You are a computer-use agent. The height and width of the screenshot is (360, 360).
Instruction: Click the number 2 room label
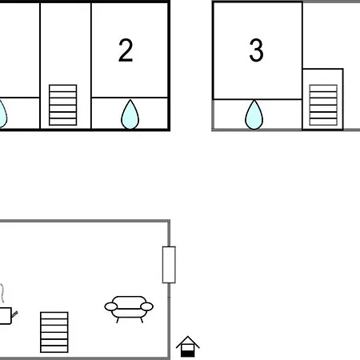(126, 50)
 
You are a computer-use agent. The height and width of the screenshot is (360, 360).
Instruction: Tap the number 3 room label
(256, 50)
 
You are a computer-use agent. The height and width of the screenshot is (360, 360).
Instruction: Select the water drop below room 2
(130, 114)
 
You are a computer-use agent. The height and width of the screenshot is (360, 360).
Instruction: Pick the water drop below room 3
(254, 115)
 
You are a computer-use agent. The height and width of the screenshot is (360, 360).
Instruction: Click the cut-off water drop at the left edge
(2, 114)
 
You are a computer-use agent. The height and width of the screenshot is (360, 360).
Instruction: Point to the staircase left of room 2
(63, 105)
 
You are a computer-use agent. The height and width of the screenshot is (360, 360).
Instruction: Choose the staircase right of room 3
(323, 105)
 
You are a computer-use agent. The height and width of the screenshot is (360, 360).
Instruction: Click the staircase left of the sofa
(54, 332)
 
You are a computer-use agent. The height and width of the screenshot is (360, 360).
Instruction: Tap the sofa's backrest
(129, 301)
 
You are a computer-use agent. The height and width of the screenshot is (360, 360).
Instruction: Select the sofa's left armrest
(111, 306)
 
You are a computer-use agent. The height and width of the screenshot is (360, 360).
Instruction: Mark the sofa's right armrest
(147, 306)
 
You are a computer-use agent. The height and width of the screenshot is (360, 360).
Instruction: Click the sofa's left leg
(118, 320)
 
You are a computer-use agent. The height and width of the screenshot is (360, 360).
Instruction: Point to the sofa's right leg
(142, 320)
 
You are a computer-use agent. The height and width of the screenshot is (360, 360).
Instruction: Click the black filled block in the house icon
(188, 354)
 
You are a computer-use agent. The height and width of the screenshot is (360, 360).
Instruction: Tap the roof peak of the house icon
(188, 337)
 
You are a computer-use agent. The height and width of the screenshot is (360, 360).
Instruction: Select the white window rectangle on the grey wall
(169, 265)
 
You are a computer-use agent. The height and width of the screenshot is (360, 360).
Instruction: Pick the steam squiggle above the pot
(2, 293)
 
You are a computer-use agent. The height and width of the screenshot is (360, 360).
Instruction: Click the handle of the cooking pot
(14, 314)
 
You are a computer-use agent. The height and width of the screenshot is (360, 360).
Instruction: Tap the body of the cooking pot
(6, 316)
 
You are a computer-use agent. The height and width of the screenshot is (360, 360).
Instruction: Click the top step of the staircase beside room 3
(323, 88)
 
